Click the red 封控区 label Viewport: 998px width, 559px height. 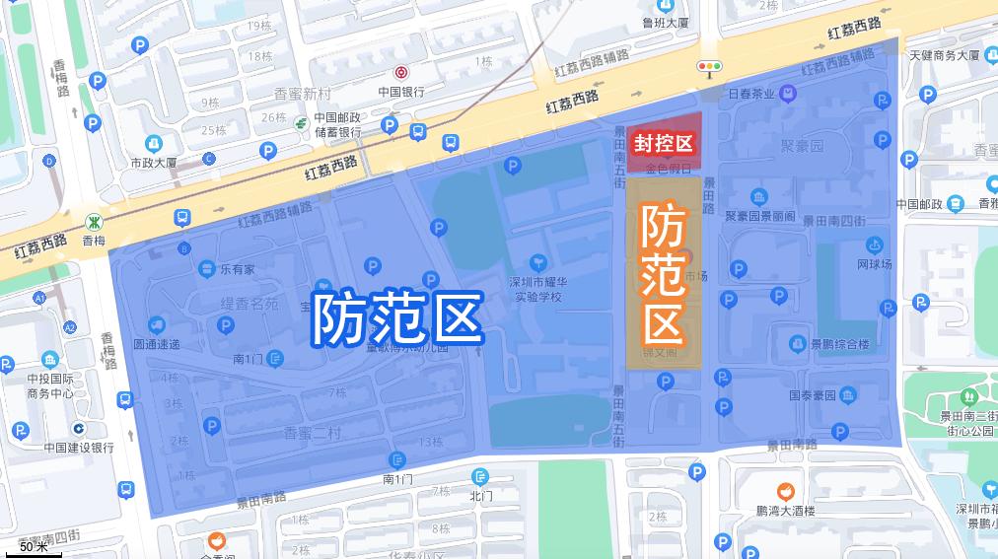coord(664,144)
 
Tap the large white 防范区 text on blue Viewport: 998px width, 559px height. coord(396,317)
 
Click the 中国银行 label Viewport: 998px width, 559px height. coord(401,92)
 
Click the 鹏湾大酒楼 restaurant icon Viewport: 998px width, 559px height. coord(784,490)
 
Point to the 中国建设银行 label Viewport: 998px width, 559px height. coord(79,447)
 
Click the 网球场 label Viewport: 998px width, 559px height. coord(874,264)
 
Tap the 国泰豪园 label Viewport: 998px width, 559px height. coord(813,395)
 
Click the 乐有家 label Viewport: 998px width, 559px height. coord(237,267)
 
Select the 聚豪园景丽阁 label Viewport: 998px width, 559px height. coord(759,216)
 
